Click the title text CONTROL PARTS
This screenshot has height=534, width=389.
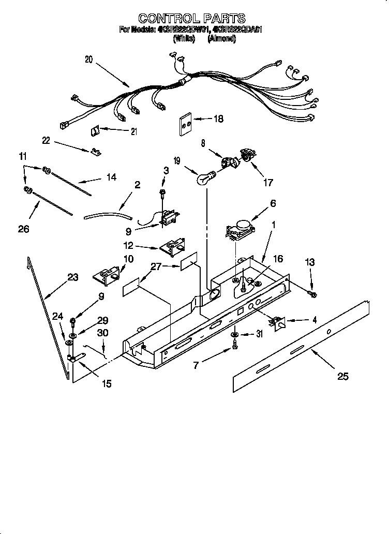(x=192, y=19)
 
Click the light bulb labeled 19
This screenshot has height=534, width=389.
(x=205, y=179)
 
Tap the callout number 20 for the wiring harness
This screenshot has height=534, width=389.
(x=88, y=60)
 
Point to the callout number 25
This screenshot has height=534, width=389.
(x=342, y=376)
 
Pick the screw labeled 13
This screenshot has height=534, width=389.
(x=312, y=294)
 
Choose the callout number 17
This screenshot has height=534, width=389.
(x=268, y=182)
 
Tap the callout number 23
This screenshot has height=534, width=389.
(x=72, y=278)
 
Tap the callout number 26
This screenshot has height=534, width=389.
(x=24, y=229)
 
